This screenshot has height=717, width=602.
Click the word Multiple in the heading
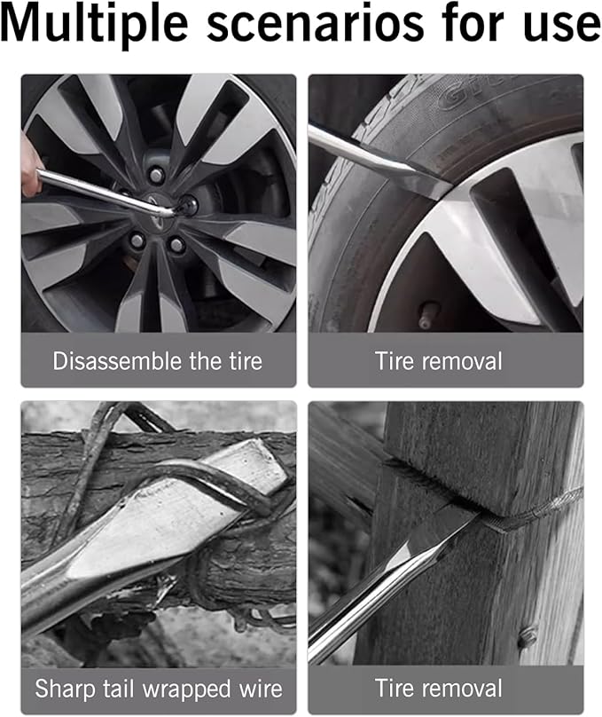(95, 24)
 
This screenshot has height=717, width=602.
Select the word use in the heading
(562, 28)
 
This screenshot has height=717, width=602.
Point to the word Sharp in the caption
(66, 689)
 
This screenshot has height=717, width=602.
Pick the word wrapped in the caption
(186, 689)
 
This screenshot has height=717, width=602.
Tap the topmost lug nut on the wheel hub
(156, 175)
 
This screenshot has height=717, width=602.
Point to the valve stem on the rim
(427, 316)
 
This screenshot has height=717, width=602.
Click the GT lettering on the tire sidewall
(461, 94)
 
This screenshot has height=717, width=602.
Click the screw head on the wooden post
(528, 636)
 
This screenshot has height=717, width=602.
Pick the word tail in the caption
(119, 689)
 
